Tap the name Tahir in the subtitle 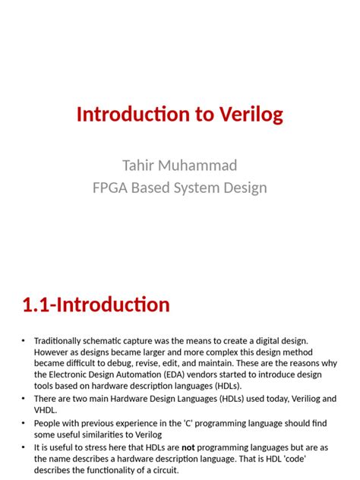coord(141,166)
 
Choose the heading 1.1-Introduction coord(96,305)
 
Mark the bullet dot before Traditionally coord(24,342)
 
